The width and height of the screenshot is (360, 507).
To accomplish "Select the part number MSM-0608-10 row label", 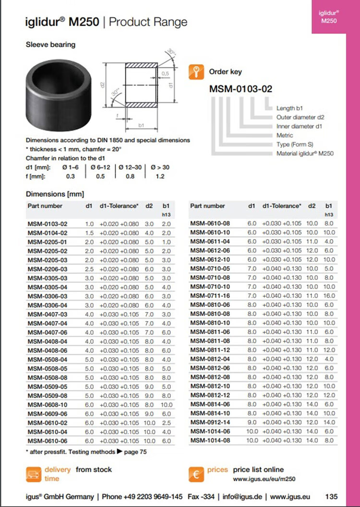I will coord(47,405).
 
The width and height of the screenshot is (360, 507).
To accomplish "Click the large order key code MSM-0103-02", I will coord(240,89).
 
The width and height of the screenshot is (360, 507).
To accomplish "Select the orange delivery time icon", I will coord(33,474).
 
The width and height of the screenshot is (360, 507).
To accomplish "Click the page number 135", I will coord(331,496).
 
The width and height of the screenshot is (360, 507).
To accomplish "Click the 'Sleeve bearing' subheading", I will coord(50,45).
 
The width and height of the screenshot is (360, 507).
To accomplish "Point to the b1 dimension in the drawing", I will coord(141,125).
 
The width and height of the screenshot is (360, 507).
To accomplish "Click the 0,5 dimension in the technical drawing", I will coord(166,73).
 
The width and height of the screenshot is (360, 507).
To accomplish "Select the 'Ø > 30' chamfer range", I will coord(160,167).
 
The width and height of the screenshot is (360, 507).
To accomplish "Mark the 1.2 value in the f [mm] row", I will coord(160,176).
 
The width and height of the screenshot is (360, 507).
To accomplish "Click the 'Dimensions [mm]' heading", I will coord(55,194).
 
